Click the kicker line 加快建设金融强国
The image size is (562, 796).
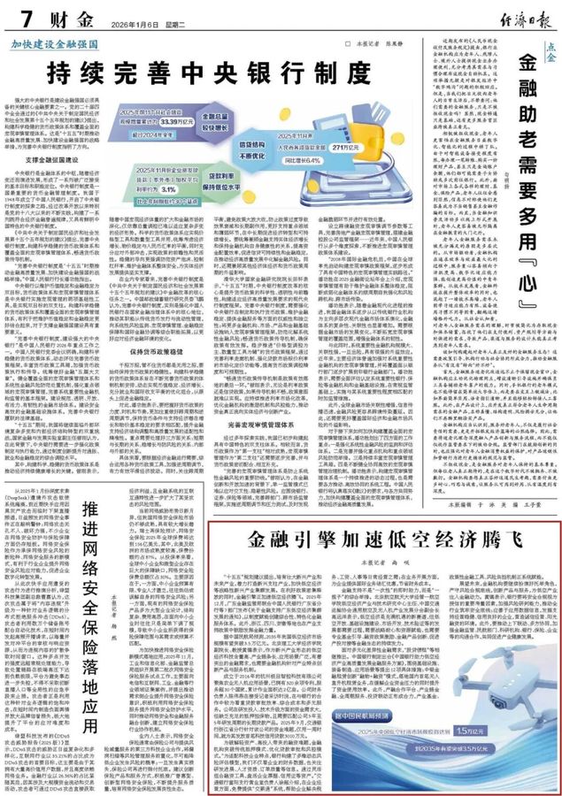point(56,42)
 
